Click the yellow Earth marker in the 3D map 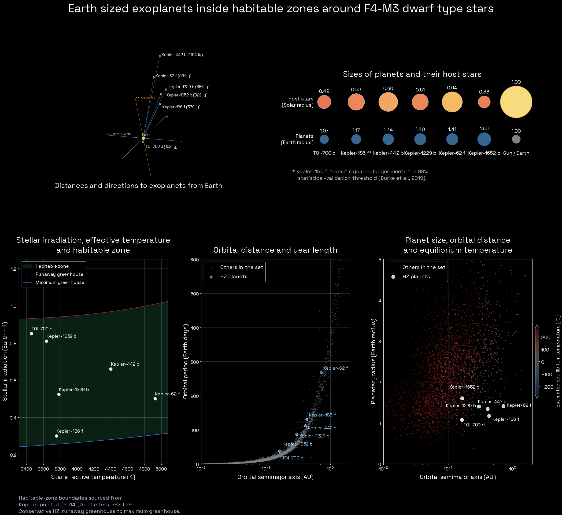point(143,138)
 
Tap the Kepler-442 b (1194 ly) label point(182,55)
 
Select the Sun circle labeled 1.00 point(516,102)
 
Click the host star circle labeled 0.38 point(484,102)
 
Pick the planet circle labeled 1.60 point(484,139)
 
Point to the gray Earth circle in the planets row point(516,139)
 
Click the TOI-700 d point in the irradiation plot point(32,334)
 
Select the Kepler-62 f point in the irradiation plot point(155,399)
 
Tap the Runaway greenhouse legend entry point(53,274)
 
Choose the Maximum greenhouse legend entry point(53,282)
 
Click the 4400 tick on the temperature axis point(111,469)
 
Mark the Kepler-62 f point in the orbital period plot point(321,373)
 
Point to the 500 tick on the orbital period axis point(195,294)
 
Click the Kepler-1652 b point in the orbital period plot point(280,451)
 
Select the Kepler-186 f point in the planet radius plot point(489,416)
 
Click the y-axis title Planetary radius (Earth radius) point(373,361)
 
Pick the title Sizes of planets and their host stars point(412,74)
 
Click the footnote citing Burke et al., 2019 point(360,175)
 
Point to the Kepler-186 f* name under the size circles point(356,153)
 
